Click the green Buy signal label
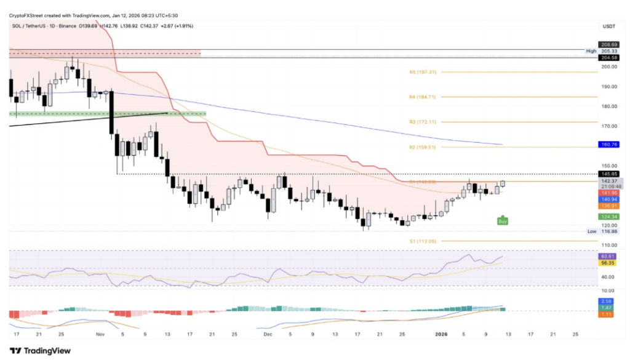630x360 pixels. pyautogui.click(x=503, y=220)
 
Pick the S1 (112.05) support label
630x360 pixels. pyautogui.click(x=422, y=241)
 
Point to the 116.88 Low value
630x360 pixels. pyautogui.click(x=608, y=231)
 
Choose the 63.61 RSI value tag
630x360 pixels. pyautogui.click(x=607, y=256)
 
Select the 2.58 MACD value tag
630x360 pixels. pyautogui.click(x=607, y=302)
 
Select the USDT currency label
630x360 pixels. pyautogui.click(x=608, y=26)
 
